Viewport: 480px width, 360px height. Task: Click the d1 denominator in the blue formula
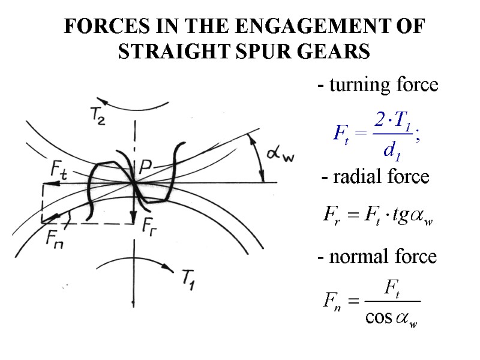coord(391,151)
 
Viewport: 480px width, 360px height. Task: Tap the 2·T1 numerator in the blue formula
coord(391,121)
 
